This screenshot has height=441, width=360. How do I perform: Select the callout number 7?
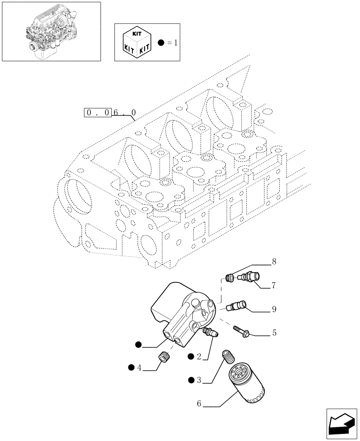tap(274, 286)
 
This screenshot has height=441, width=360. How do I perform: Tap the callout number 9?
tap(274, 310)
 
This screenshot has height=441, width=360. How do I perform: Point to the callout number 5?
tap(274, 333)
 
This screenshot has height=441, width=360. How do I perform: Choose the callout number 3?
tap(199, 380)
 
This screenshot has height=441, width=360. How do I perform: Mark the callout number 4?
tap(139, 367)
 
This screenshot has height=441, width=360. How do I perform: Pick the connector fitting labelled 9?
tap(237, 306)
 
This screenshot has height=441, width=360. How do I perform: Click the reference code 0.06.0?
tap(110, 113)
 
